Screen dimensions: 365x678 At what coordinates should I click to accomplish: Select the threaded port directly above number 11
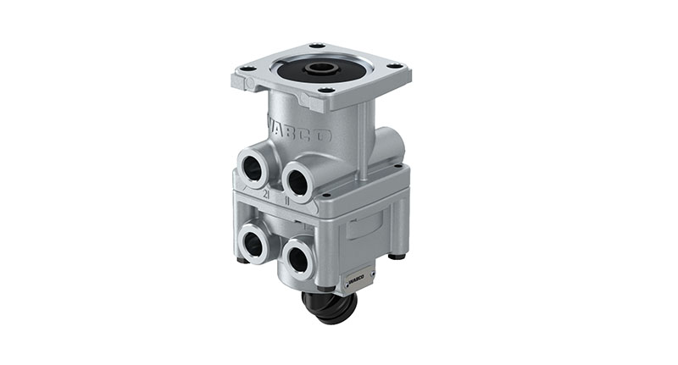(298, 179)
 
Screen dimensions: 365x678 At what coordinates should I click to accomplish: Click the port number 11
(289, 201)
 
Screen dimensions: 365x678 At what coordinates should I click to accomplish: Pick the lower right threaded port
(297, 258)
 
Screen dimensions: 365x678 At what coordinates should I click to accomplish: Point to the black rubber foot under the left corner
(242, 259)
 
